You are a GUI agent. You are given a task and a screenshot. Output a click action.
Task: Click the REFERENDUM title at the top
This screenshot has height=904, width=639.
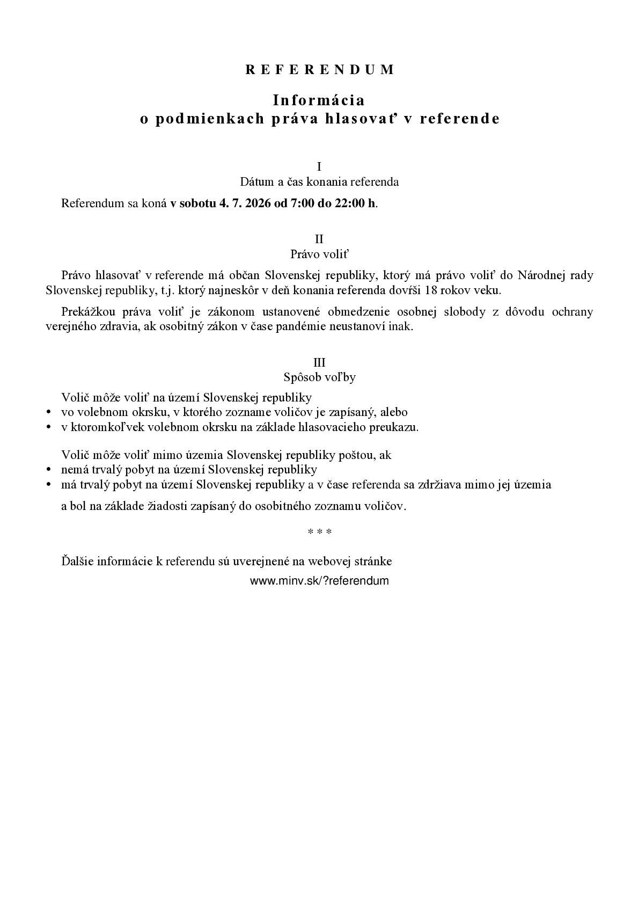pyautogui.click(x=320, y=69)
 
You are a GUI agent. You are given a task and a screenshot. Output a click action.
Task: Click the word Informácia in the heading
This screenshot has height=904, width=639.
pyautogui.click(x=319, y=100)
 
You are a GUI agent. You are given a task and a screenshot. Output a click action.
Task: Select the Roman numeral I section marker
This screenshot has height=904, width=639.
pyautogui.click(x=319, y=166)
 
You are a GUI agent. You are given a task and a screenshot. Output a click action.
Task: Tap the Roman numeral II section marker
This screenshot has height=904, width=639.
pyautogui.click(x=319, y=239)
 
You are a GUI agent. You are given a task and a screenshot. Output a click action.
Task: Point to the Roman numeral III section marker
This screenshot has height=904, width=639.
pyautogui.click(x=319, y=362)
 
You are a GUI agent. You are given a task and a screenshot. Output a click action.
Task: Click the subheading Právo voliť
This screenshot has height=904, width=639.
pyautogui.click(x=319, y=254)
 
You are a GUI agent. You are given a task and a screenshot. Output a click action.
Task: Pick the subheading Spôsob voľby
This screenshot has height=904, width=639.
pyautogui.click(x=319, y=377)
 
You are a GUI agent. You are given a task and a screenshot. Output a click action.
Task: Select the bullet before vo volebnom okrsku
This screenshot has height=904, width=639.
pyautogui.click(x=49, y=413)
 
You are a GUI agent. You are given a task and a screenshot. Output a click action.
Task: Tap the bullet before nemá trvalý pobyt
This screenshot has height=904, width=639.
pyautogui.click(x=49, y=470)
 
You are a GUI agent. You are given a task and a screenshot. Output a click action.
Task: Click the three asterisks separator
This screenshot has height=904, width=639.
pyautogui.click(x=319, y=532)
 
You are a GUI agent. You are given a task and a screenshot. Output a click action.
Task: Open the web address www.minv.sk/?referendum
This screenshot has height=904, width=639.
pyautogui.click(x=319, y=581)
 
